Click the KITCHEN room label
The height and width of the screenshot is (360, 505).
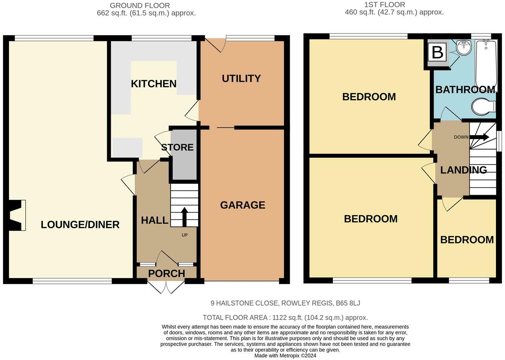tap(153, 84)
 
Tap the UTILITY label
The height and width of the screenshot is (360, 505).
tap(241, 79)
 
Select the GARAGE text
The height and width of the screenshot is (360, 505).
tap(243, 205)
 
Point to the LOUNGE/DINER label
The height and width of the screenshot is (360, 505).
tap(80, 225)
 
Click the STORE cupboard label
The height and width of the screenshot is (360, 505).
tap(177, 147)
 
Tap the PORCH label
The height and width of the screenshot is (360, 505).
tap(167, 274)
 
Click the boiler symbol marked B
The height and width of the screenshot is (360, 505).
tap(437, 52)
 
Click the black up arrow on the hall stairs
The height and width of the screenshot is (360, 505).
tap(184, 217)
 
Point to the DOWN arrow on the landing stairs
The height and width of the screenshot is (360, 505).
tap(479, 137)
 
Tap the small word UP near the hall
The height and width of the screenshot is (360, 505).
tap(184, 235)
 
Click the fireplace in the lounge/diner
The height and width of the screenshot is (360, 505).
tap(16, 215)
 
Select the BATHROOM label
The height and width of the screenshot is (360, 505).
tap(465, 90)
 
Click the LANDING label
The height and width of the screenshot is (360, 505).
tap(463, 170)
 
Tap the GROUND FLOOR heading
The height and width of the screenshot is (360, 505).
tap(140, 5)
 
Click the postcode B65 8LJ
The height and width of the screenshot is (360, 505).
tap(348, 303)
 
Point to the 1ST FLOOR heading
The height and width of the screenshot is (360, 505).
tap(385, 5)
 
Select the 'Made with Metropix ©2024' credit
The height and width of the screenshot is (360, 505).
tap(285, 356)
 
